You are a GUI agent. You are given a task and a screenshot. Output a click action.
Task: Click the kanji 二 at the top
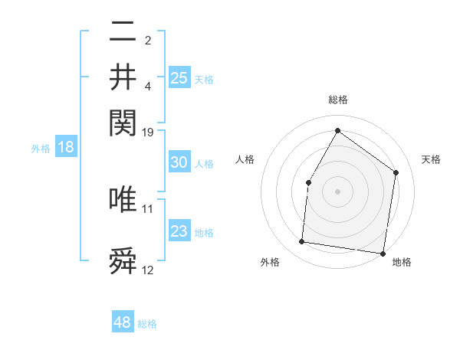click(x=123, y=34)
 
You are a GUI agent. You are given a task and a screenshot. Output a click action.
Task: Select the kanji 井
click(x=123, y=77)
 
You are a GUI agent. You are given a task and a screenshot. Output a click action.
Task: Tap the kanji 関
click(x=123, y=121)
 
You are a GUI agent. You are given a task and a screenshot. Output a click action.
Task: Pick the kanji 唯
click(x=123, y=199)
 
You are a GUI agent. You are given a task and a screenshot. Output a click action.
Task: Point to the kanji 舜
click(x=123, y=260)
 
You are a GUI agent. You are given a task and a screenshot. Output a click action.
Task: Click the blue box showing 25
click(x=179, y=77)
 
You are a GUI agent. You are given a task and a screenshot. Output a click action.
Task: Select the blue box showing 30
click(x=179, y=162)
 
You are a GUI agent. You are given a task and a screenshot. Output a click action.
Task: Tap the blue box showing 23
click(x=179, y=231)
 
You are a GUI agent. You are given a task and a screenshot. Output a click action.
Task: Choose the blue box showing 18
click(x=66, y=148)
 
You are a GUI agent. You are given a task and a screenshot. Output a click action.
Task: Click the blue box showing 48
click(x=123, y=322)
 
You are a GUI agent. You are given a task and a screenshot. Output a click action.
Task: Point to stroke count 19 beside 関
click(x=148, y=133)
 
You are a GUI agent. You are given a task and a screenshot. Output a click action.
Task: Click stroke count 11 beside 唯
click(x=148, y=208)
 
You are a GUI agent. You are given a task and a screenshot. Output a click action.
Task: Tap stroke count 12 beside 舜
click(x=148, y=270)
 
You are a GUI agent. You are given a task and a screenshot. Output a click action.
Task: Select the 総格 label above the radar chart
click(x=337, y=100)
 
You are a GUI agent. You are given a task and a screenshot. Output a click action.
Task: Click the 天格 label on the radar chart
click(x=431, y=159)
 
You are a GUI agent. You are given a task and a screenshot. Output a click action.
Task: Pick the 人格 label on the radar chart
click(x=245, y=159)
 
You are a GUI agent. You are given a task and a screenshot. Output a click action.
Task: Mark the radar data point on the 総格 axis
click(x=337, y=130)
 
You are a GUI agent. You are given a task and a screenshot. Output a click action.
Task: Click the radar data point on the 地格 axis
click(x=382, y=253)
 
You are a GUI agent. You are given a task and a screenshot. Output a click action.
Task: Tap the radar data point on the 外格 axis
click(x=302, y=242)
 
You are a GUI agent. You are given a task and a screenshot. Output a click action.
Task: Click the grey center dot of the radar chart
click(x=337, y=191)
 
